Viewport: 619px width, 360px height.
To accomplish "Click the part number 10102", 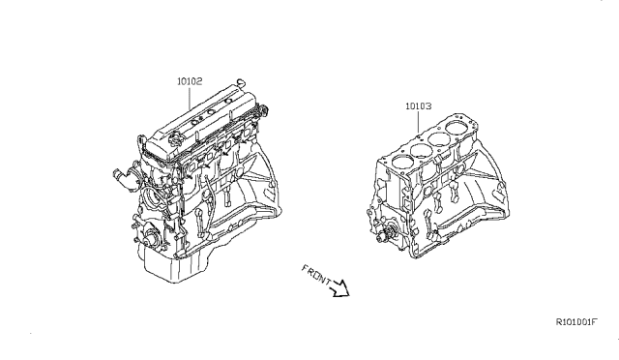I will point(189,82).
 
